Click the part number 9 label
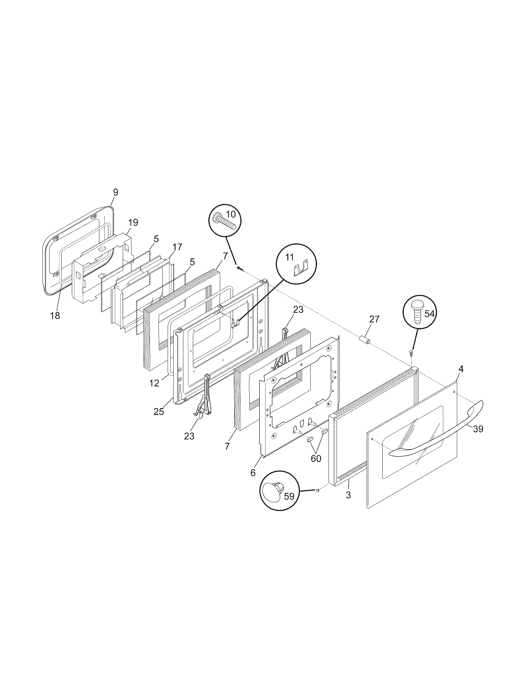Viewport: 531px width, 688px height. coord(116,192)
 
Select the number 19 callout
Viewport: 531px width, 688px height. coord(133,222)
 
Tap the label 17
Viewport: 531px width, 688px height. coord(177,247)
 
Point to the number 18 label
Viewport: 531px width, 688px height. coord(55,316)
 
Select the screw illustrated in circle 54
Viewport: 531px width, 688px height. coord(416,312)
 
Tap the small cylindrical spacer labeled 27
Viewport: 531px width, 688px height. coord(365,341)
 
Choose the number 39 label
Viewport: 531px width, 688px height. coord(478,429)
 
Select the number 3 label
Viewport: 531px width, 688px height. coord(348,495)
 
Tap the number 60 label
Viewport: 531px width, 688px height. coord(316,458)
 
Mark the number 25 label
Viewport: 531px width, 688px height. coord(159,412)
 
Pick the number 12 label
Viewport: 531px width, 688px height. coord(155,383)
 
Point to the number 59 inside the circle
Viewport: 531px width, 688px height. coord(289,497)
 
